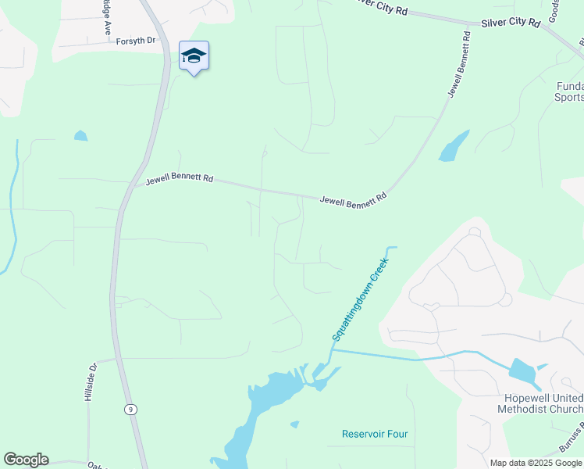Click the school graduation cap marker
pyautogui.click(x=194, y=56)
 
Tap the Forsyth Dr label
pyautogui.click(x=136, y=40)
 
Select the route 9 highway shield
pyautogui.click(x=130, y=409)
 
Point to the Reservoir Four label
pyautogui.click(x=375, y=434)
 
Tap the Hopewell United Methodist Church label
pyautogui.click(x=540, y=403)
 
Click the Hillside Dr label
pyautogui.click(x=90, y=382)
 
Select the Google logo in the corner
pyautogui.click(x=26, y=460)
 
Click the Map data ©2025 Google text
pyautogui.click(x=536, y=463)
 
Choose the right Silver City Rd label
pyautogui.click(x=511, y=23)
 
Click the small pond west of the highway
pyautogui.click(x=80, y=136)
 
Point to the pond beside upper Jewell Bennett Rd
pyautogui.click(x=453, y=146)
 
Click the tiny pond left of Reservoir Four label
pyautogui.click(x=294, y=424)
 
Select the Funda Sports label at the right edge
pyautogui.click(x=569, y=91)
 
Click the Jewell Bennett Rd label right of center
pyautogui.click(x=353, y=199)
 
